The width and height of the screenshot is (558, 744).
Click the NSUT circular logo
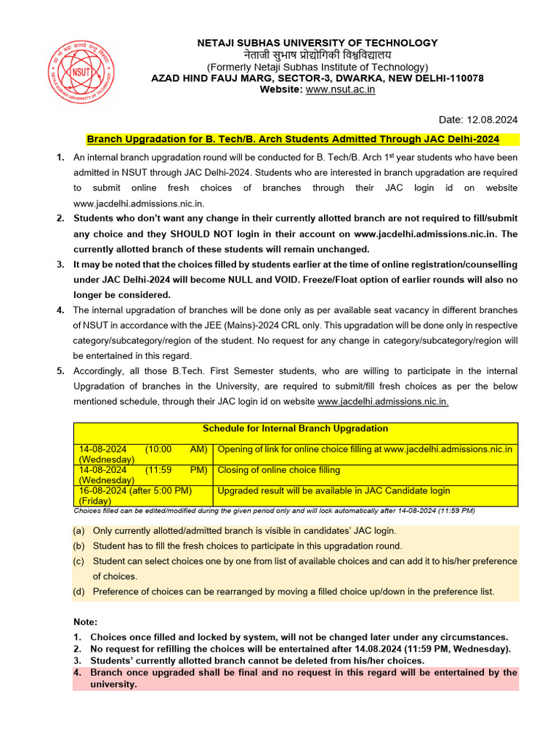76,70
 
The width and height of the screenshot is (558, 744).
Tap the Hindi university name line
318,54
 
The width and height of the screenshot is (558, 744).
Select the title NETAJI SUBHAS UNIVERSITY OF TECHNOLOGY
318,43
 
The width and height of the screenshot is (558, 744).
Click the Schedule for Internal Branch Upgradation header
295,429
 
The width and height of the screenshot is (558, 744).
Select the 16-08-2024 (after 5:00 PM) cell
136,491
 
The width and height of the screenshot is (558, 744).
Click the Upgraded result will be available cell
334,491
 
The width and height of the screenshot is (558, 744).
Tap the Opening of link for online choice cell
365,449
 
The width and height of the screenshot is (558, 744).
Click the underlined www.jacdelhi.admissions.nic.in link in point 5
383,401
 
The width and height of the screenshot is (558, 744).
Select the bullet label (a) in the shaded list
78,531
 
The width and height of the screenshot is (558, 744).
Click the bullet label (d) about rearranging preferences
78,591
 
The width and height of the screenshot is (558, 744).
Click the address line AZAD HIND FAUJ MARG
318,78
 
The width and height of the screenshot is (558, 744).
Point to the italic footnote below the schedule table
275,511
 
